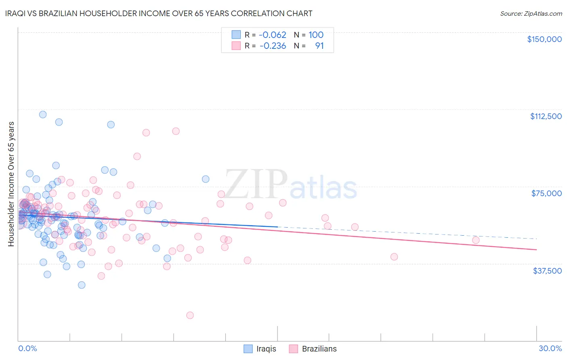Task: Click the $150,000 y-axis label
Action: (544, 39)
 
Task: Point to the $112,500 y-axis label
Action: (546, 116)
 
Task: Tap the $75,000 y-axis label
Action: (546, 193)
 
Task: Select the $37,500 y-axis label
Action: (547, 271)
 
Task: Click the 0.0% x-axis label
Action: (27, 348)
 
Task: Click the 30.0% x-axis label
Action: (550, 348)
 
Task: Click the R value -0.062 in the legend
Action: (272, 35)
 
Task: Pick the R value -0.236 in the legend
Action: (272, 46)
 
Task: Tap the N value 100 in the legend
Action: (316, 35)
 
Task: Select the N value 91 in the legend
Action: (319, 46)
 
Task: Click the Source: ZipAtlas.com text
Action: (531, 13)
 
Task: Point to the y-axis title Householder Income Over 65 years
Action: (11, 184)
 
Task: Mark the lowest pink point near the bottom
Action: (190, 315)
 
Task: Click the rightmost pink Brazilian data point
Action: (476, 240)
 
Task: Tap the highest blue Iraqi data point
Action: (43, 114)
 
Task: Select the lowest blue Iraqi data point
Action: (81, 285)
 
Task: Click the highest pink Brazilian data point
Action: (176, 131)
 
